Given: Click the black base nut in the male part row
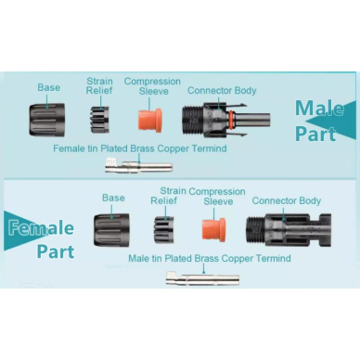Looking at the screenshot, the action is pyautogui.click(x=47, y=120).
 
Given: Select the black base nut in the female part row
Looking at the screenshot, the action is pyautogui.click(x=111, y=230).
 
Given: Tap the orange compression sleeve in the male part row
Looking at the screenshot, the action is pyautogui.click(x=149, y=121).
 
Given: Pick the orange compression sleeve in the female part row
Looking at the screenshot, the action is pyautogui.click(x=214, y=229).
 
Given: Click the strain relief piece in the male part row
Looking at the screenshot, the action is pyautogui.click(x=99, y=120).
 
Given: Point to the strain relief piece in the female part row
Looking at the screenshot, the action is pyautogui.click(x=164, y=229).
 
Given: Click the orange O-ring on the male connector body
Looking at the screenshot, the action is pyautogui.click(x=231, y=119).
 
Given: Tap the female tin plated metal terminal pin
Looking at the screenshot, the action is pyautogui.click(x=139, y=165).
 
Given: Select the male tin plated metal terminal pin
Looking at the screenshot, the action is pyautogui.click(x=202, y=278).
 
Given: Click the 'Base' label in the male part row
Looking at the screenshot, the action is pyautogui.click(x=49, y=87).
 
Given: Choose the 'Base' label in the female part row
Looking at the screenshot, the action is pyautogui.click(x=113, y=198).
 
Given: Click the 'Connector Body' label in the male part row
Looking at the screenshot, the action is pyautogui.click(x=222, y=91).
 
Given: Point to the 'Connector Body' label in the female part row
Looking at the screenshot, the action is pyautogui.click(x=287, y=200).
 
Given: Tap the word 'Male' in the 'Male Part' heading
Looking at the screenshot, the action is pyautogui.click(x=319, y=108).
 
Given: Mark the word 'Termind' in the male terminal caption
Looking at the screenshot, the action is pyautogui.click(x=274, y=258).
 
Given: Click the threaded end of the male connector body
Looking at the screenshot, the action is pyautogui.click(x=192, y=120).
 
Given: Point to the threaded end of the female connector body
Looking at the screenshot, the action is pyautogui.click(x=255, y=230).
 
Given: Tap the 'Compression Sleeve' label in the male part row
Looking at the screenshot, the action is pyautogui.click(x=152, y=86).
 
